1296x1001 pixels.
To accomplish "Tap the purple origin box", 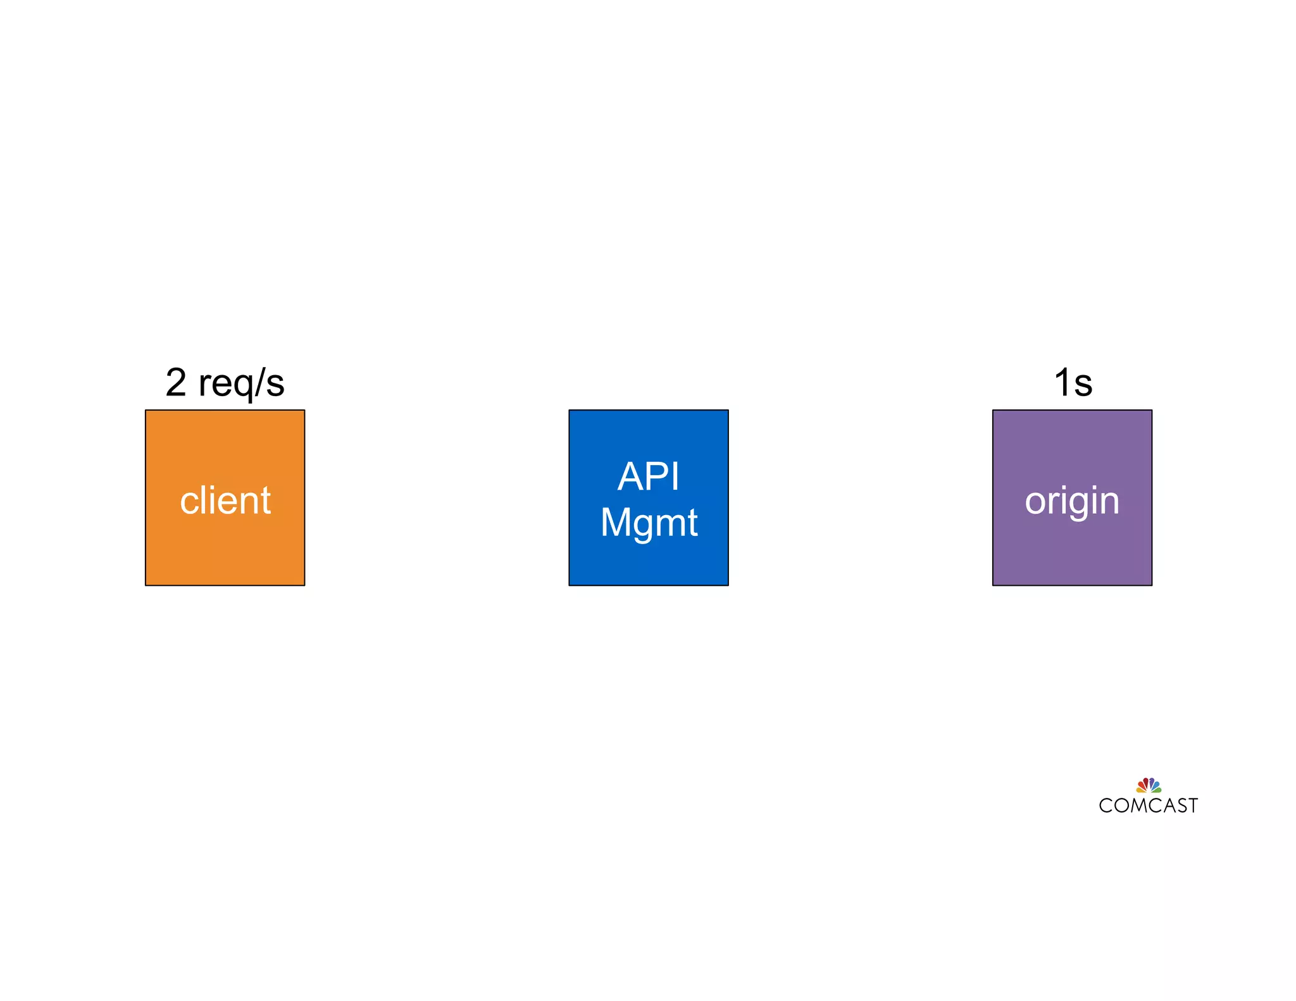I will click(x=1072, y=550).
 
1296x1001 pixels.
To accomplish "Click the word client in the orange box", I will click(x=225, y=500).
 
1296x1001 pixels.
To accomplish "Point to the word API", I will click(x=649, y=476).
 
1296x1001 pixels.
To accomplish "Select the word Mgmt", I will click(x=649, y=523).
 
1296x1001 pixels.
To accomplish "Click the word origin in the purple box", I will click(x=1072, y=502).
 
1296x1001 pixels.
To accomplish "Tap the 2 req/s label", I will click(x=225, y=383).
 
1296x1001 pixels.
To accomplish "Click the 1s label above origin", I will click(x=1073, y=383).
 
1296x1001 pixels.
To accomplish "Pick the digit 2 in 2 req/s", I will click(x=176, y=383).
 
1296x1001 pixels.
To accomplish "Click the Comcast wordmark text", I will click(x=1148, y=805).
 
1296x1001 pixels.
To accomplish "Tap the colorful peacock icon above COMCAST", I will click(x=1149, y=785).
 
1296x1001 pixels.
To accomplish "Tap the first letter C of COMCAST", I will click(x=1106, y=805).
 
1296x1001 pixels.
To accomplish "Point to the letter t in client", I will click(x=266, y=500).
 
